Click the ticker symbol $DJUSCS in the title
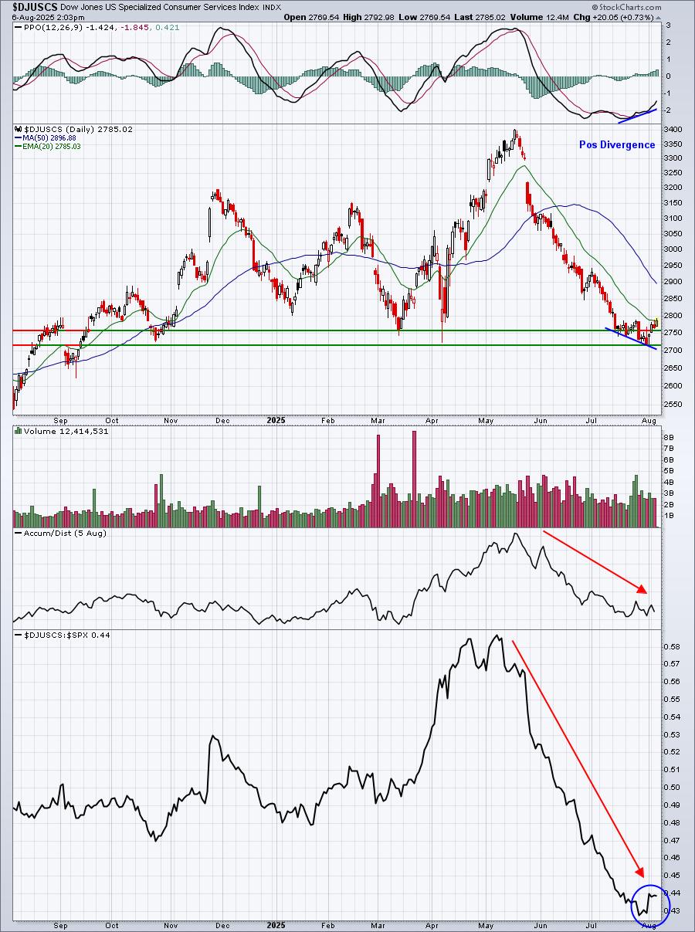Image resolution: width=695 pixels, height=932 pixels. click(x=29, y=7)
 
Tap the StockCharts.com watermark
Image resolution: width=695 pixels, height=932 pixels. click(x=626, y=7)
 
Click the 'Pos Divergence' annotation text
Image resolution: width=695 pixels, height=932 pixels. click(x=617, y=145)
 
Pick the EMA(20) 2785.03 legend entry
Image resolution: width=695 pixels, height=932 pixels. click(x=48, y=147)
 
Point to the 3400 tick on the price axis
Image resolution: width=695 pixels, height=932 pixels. click(x=673, y=129)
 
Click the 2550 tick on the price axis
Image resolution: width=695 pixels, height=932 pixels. click(x=673, y=404)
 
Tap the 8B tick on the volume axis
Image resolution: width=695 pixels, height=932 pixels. click(x=668, y=437)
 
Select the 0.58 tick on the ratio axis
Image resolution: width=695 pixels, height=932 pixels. click(x=672, y=646)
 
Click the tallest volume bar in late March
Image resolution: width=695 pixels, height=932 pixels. click(x=415, y=479)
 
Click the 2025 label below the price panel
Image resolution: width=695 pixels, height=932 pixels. click(x=276, y=420)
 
